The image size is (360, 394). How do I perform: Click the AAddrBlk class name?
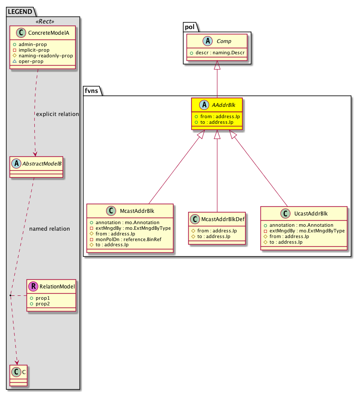[222, 105]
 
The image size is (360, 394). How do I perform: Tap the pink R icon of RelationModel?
[33, 287]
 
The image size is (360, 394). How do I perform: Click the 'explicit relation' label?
[57, 114]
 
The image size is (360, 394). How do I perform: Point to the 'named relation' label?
[49, 228]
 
